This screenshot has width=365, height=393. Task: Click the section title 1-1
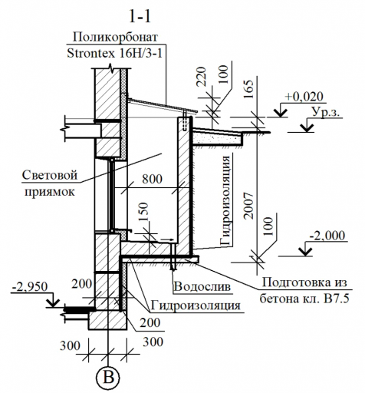[x=140, y=17]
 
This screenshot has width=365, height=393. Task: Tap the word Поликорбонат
[x=115, y=37]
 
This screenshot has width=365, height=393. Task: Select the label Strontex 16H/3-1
[x=114, y=53]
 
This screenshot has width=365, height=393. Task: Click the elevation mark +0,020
[x=304, y=97]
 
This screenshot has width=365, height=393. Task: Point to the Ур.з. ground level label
[x=327, y=112]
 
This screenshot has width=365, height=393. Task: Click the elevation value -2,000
[x=327, y=235]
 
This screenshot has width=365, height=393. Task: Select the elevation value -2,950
[x=30, y=286]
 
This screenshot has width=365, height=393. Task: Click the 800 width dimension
[x=152, y=179]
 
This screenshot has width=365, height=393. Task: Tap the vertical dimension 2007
[x=248, y=206]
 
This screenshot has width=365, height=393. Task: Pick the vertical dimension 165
[x=248, y=89]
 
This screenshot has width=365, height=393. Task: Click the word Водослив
[x=202, y=286]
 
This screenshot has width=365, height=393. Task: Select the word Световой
[x=50, y=175]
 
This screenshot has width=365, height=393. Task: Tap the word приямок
[x=50, y=192]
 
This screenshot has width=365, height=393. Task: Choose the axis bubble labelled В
[x=108, y=378]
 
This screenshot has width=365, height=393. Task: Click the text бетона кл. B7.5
[x=304, y=299]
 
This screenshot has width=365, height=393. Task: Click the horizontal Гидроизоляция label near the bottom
[x=196, y=305]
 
